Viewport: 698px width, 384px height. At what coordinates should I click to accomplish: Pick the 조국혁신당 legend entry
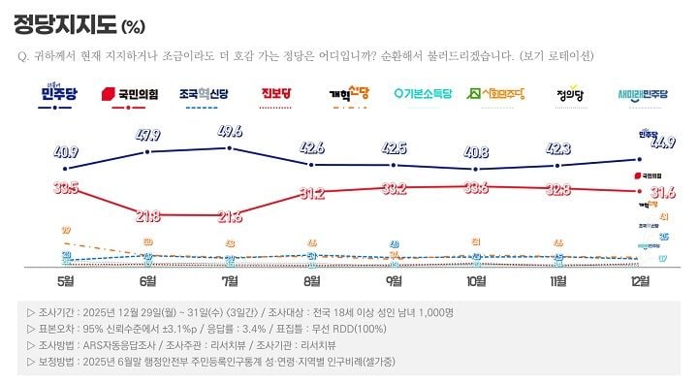tap(204, 94)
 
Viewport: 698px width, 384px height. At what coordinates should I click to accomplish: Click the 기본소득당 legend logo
tap(423, 94)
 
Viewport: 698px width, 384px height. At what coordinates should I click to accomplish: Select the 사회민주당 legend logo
tap(496, 94)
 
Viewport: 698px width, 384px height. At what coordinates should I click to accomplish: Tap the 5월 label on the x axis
tap(66, 281)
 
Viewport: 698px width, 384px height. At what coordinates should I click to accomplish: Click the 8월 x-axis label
tap(312, 281)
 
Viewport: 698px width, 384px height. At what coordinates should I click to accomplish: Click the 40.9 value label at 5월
tap(65, 152)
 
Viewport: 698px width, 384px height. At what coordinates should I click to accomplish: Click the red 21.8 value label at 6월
tap(148, 214)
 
